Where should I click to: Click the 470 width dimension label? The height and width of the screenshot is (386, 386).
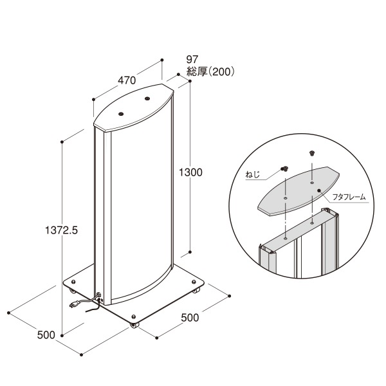(x=126, y=80)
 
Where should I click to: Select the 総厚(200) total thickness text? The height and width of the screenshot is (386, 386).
(x=210, y=72)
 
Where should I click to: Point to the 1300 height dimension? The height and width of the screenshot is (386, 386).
(x=191, y=172)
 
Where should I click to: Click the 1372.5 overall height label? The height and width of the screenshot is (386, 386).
(x=61, y=228)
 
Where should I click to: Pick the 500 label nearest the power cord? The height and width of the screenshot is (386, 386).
(x=46, y=335)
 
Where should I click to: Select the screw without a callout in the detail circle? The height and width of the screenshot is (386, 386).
(x=311, y=153)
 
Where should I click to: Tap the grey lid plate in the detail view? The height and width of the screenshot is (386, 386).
(x=296, y=193)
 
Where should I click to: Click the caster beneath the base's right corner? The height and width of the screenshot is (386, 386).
(x=196, y=292)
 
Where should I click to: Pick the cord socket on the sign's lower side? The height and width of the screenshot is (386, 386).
(x=98, y=297)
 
